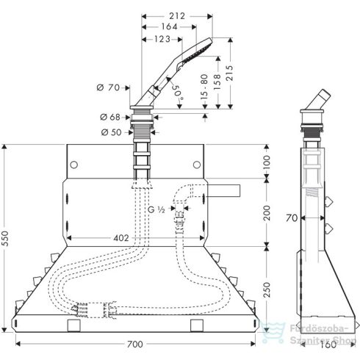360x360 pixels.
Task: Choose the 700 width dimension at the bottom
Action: (133, 343)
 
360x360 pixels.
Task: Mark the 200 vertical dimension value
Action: (267, 212)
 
